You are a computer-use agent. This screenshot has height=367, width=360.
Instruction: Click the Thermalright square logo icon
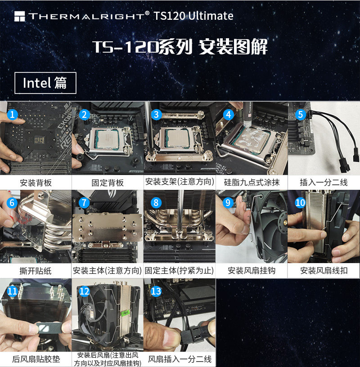click(x=19, y=16)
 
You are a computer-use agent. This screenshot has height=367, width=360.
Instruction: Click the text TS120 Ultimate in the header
click(x=193, y=16)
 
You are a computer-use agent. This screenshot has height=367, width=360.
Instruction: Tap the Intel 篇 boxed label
click(x=45, y=83)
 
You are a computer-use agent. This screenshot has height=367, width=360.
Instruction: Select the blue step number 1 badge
click(x=13, y=114)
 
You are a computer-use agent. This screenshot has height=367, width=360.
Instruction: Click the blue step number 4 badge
click(x=228, y=114)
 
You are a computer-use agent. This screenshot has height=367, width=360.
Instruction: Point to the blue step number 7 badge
click(x=84, y=203)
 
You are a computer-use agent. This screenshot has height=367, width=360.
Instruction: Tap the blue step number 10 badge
click(x=300, y=203)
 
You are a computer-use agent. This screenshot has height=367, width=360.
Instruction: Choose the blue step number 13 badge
click(x=156, y=291)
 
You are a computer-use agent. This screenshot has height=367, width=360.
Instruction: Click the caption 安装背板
click(x=36, y=183)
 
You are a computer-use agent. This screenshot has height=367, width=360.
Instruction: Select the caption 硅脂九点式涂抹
click(x=252, y=182)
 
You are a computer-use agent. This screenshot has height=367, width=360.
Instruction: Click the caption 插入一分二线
click(x=324, y=182)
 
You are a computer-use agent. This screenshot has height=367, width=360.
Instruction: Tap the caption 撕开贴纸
click(x=36, y=271)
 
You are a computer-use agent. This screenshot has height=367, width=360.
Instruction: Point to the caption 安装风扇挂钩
click(x=252, y=271)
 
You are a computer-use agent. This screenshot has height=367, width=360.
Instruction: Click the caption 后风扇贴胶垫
click(x=36, y=359)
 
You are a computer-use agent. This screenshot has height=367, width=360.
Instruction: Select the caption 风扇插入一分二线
click(x=180, y=359)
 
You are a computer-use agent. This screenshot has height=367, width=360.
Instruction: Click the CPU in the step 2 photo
click(x=108, y=139)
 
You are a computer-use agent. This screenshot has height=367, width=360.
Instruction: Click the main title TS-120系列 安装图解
click(x=180, y=47)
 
